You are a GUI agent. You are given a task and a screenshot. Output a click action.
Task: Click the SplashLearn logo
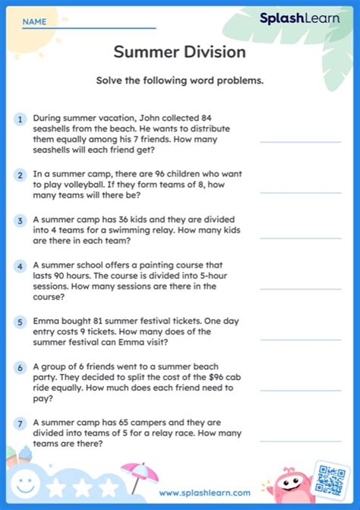(x=300, y=18)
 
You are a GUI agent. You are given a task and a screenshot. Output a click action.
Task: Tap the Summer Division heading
(x=179, y=52)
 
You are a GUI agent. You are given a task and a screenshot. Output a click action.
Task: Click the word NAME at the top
(x=34, y=22)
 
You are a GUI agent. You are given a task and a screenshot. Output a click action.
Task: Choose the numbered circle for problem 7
(x=20, y=423)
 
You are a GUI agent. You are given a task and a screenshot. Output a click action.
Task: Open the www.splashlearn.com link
(x=206, y=493)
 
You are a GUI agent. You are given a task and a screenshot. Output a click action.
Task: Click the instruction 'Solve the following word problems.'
(x=179, y=81)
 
